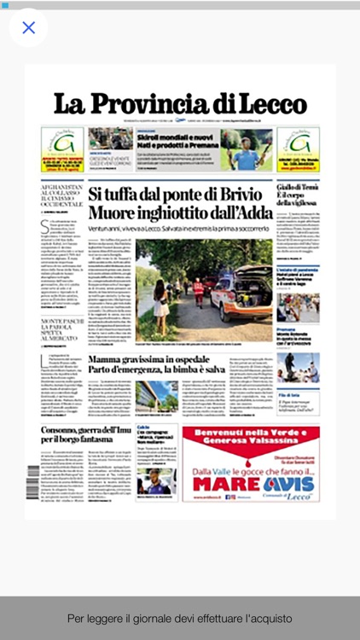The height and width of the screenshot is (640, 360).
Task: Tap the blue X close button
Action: tap(28, 28)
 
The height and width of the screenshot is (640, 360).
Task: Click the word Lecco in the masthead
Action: tap(271, 104)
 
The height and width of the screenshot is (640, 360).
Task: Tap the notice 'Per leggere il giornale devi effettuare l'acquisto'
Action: tap(180, 618)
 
